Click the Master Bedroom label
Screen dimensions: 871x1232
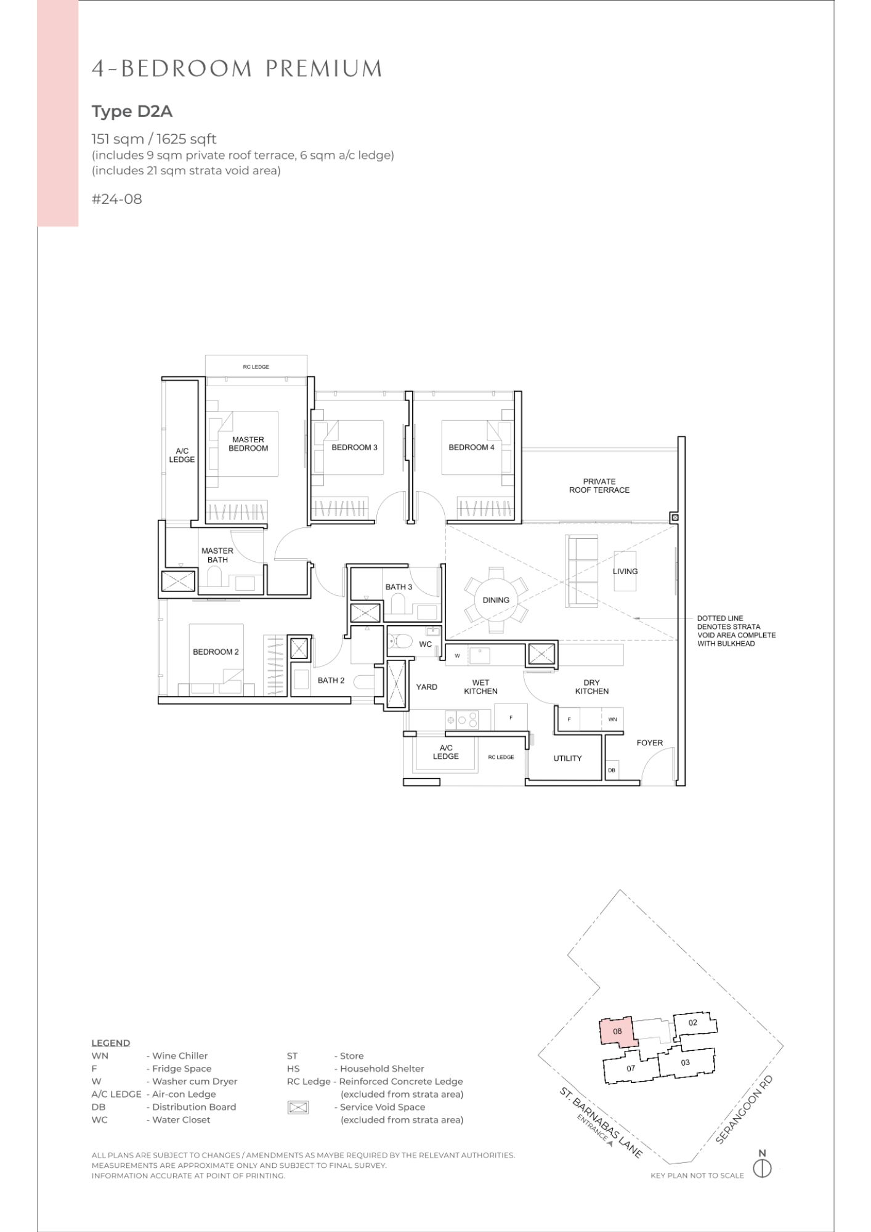248,444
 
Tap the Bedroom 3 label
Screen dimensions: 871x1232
354,447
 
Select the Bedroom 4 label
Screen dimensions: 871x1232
471,447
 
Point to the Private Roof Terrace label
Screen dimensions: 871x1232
599,486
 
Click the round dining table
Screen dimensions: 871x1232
496,599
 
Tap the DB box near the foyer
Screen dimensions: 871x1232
612,770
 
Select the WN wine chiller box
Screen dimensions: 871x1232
612,719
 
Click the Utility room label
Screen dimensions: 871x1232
567,758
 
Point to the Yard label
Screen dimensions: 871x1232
426,687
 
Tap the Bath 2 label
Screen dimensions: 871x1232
331,680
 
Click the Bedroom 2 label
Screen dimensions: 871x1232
216,652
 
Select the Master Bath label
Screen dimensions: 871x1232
217,556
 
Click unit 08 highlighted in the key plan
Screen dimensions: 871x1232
618,1031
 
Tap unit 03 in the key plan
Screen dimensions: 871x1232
686,1063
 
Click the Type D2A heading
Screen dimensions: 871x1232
132,111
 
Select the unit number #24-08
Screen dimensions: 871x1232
116,199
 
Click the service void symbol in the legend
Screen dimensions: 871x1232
298,1107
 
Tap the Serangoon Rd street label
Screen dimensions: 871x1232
744,1109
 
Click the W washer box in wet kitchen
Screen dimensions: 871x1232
457,656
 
